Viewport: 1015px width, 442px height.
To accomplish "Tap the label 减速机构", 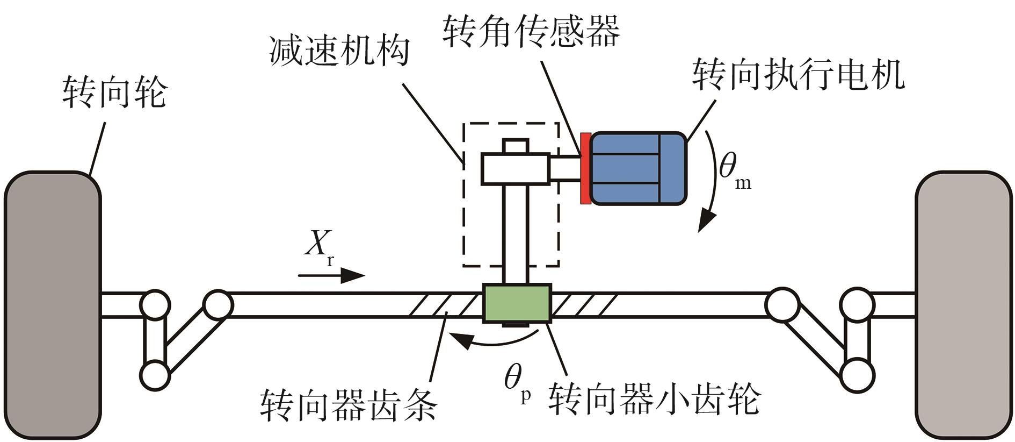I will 339,52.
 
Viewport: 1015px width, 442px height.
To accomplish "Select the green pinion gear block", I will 517,304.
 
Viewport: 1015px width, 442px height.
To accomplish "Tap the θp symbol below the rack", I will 517,382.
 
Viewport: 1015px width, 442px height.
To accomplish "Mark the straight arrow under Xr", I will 331,276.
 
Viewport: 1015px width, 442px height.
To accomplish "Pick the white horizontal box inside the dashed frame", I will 514,169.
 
